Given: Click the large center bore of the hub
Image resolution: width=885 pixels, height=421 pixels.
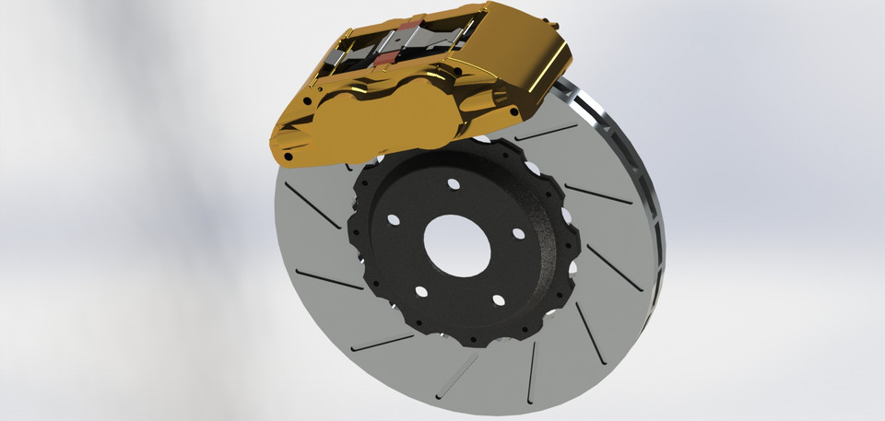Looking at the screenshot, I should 449,245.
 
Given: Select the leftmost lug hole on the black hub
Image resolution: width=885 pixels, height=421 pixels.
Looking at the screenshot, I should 394,221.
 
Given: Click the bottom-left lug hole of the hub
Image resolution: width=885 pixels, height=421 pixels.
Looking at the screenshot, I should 421,292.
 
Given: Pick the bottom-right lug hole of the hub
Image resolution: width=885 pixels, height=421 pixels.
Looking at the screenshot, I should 497,300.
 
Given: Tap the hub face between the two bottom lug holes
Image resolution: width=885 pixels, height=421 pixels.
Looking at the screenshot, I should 459,299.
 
